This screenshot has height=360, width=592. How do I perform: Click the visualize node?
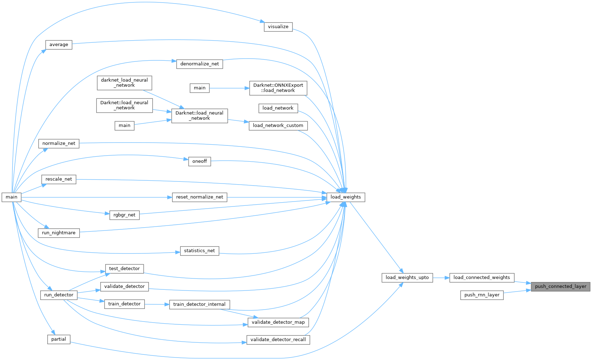click(278, 27)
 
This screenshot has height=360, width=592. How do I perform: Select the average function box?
click(59, 45)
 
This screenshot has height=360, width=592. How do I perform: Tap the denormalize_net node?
click(200, 64)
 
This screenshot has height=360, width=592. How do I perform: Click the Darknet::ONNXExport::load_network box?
click(278, 88)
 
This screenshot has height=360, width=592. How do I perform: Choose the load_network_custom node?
click(278, 126)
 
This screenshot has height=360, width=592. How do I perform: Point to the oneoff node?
click(200, 161)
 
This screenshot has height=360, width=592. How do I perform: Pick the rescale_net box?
click(59, 179)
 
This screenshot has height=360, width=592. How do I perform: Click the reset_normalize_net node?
click(200, 197)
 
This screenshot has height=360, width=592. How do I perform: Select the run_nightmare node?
click(59, 233)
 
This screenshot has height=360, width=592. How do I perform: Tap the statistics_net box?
click(200, 251)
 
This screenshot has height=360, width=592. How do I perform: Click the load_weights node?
click(345, 197)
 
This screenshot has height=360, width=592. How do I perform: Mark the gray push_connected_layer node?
click(561, 287)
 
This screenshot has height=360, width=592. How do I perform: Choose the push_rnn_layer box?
click(482, 295)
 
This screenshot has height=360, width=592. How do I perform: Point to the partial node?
click(59, 340)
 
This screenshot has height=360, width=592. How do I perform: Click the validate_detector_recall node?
click(278, 340)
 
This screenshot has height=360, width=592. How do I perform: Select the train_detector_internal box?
click(200, 304)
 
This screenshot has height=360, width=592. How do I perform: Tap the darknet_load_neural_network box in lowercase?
click(124, 83)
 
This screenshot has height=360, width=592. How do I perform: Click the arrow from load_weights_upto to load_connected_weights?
click(441, 278)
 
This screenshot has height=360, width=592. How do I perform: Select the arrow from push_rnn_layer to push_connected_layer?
click(517, 292)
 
